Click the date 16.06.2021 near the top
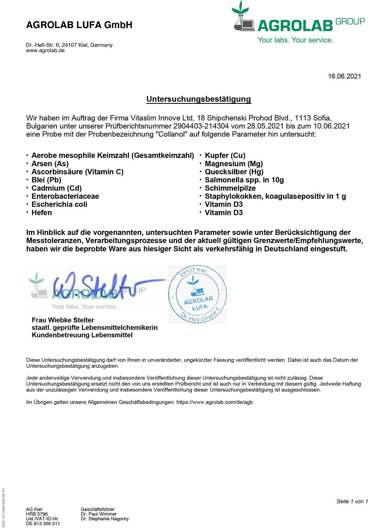coord(344,76)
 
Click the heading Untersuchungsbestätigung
coord(199,99)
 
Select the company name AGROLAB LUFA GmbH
coord(79,25)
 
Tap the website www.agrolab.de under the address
coord(45,51)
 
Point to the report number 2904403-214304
coord(201,126)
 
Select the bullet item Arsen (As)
coord(50,164)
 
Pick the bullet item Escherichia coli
coord(59,205)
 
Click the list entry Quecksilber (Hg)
coord(234,172)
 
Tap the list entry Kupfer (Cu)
coord(225,156)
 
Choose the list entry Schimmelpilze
coord(230,188)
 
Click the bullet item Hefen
coord(42,213)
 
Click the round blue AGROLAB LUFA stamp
coord(197,294)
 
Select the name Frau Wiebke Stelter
coord(63,320)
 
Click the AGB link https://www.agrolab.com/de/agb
coord(214,402)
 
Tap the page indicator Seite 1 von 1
coord(352,502)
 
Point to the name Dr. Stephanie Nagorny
coord(105,519)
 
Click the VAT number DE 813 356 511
coord(43,524)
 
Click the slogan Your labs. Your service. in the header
coord(295,40)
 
